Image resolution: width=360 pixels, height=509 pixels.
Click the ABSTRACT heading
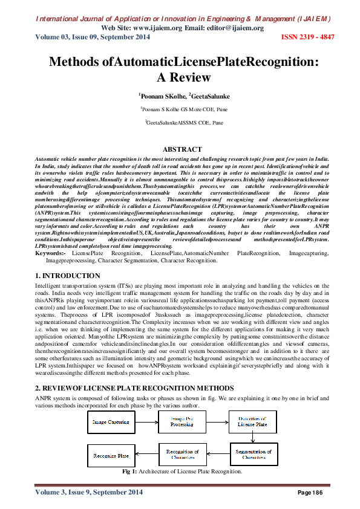pos(183,149)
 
